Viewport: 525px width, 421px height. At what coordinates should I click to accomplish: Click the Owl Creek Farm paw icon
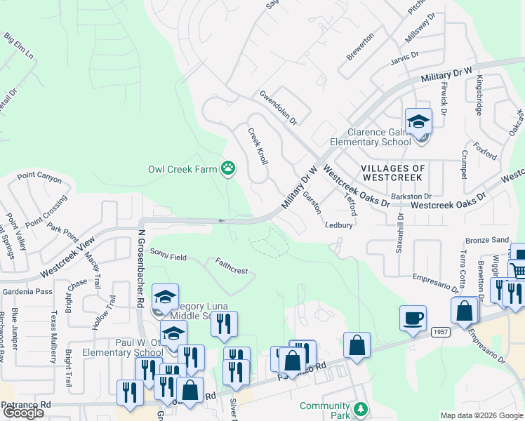(x=228, y=168)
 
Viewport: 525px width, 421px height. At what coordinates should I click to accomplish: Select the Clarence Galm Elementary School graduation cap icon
(x=418, y=122)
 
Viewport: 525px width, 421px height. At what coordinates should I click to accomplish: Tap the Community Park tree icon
(x=360, y=408)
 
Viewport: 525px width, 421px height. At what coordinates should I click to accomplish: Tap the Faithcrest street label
(x=232, y=265)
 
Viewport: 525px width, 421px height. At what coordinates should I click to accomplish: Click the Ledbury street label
(x=338, y=226)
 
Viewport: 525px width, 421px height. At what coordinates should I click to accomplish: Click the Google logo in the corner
(x=23, y=413)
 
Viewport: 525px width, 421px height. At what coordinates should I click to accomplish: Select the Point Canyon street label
(x=39, y=178)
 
